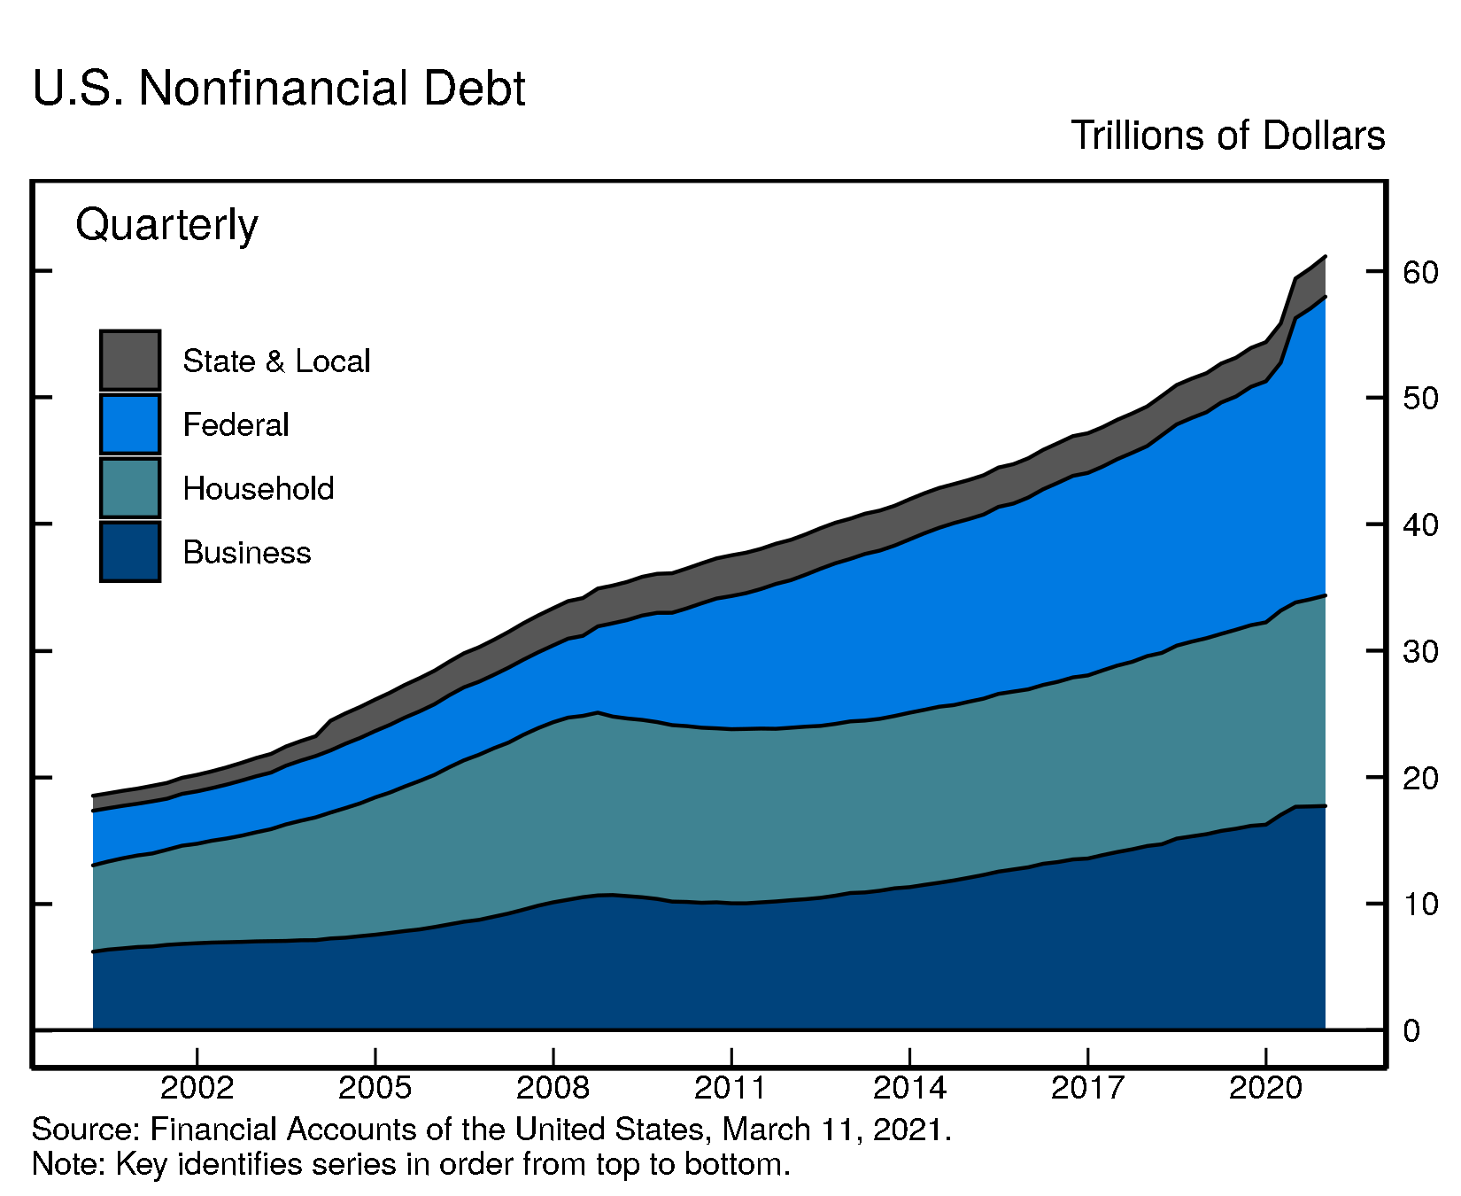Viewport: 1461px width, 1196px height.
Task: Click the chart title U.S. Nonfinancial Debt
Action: [279, 89]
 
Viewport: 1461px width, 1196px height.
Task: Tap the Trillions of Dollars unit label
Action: [1227, 136]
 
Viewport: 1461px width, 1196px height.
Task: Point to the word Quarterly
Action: [166, 225]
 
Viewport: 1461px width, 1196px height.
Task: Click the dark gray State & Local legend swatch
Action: [130, 360]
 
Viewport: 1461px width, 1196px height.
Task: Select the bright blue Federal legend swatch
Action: [130, 424]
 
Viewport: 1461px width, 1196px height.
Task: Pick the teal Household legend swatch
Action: [130, 488]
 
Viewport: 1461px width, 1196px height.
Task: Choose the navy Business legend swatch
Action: [130, 552]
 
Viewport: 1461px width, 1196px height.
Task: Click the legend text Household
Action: [258, 489]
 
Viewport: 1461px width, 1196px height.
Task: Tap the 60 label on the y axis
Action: [1419, 272]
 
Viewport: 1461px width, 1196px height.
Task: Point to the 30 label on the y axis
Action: [1419, 652]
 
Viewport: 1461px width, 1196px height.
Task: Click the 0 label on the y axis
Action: [1411, 1031]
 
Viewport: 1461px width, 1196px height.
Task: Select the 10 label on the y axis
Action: [1419, 905]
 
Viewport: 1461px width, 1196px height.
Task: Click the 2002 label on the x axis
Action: [197, 1088]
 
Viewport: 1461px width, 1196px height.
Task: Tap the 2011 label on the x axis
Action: [730, 1088]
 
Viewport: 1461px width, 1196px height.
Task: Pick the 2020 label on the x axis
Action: [1265, 1088]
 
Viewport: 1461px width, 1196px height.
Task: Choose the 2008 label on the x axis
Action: [553, 1088]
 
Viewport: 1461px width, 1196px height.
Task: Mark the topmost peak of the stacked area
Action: [1325, 257]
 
